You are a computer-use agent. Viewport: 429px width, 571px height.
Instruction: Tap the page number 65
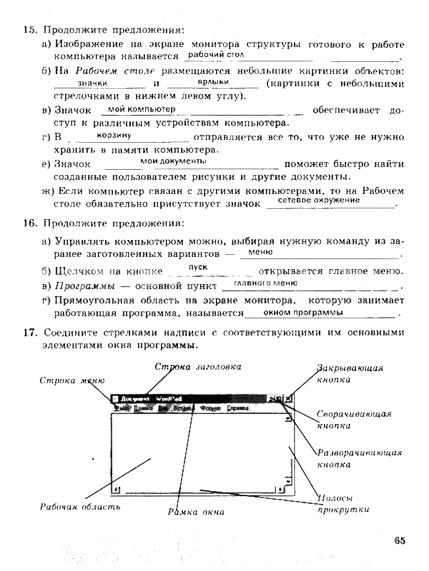click(399, 540)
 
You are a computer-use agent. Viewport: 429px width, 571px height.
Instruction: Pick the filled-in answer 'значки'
click(92, 84)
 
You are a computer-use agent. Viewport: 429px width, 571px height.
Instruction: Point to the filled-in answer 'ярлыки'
click(212, 82)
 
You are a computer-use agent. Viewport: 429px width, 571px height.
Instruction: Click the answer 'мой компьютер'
click(141, 109)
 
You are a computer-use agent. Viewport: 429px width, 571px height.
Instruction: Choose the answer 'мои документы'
click(173, 161)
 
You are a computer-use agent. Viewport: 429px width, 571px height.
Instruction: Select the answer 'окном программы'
click(303, 312)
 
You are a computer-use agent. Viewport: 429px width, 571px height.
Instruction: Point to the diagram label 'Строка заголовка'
click(198, 366)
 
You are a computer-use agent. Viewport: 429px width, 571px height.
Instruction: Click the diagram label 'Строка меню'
click(72, 381)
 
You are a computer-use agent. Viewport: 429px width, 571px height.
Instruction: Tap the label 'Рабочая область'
click(80, 506)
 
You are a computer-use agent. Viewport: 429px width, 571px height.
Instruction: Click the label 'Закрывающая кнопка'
click(350, 373)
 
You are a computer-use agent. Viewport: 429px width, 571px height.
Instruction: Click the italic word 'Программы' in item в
click(85, 287)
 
